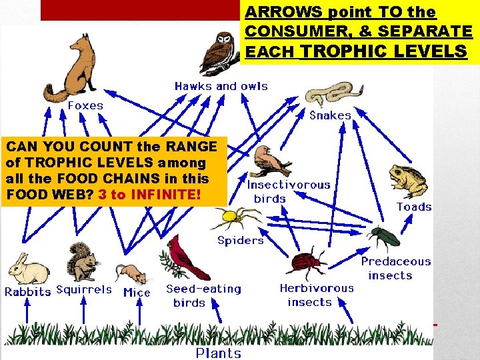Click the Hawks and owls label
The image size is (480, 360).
(221, 86)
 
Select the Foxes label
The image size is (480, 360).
(85, 105)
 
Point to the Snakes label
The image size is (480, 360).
(330, 115)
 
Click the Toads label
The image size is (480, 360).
(414, 207)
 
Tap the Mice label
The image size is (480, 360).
(137, 292)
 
